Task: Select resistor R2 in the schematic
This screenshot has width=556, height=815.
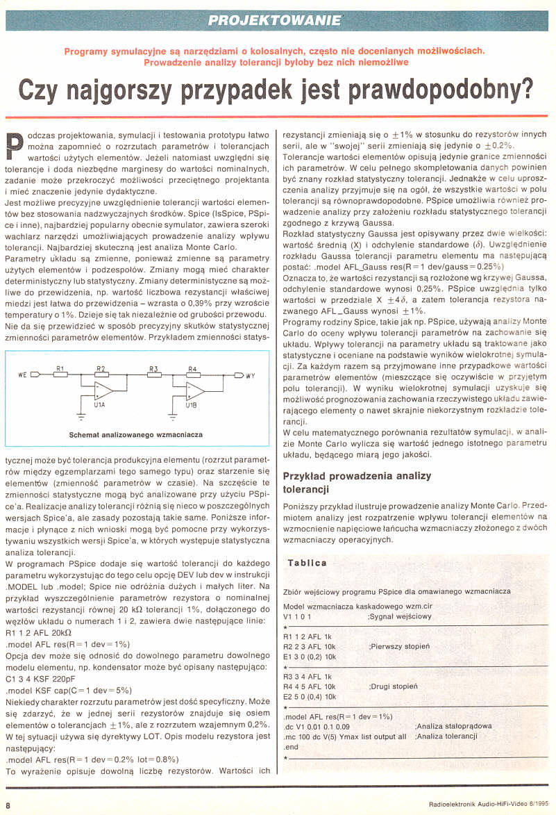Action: click(x=101, y=374)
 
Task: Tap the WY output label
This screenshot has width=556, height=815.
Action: click(x=251, y=375)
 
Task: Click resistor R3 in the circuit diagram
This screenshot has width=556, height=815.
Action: click(x=153, y=374)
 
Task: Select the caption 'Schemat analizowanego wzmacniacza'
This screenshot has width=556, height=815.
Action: click(x=135, y=434)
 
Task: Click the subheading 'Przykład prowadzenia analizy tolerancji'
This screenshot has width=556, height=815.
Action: click(x=357, y=482)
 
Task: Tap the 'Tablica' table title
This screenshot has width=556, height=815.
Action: click(x=308, y=563)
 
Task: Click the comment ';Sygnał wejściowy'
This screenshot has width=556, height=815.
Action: click(x=399, y=616)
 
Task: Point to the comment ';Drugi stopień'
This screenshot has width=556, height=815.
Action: click(x=394, y=685)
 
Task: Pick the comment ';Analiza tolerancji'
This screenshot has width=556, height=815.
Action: click(x=446, y=735)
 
